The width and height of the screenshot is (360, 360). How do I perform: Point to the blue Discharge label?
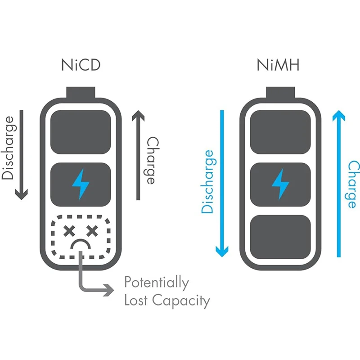(x=208, y=181)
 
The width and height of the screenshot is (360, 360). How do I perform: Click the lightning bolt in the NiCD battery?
(x=81, y=183)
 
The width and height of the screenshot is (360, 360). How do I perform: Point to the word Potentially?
(x=156, y=283)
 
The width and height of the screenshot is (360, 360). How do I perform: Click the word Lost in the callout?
(x=137, y=300)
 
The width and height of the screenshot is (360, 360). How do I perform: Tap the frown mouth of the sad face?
(x=81, y=245)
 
